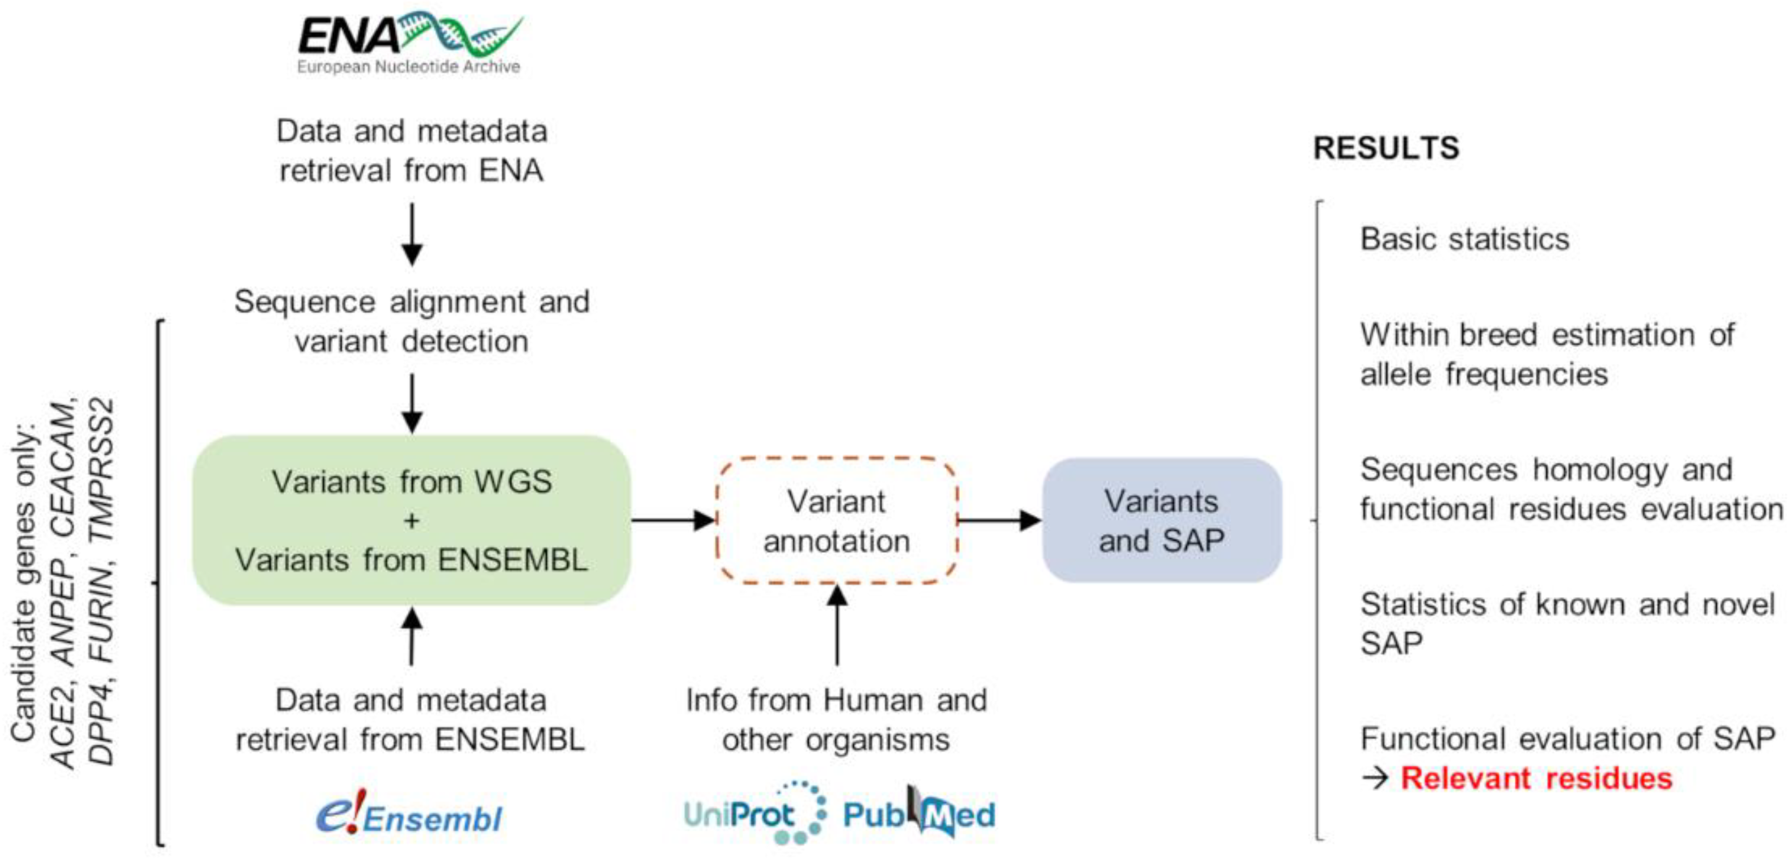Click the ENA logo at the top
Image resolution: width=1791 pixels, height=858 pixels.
(x=410, y=42)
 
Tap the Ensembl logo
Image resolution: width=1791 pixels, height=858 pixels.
(x=409, y=813)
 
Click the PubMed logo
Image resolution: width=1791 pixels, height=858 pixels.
(x=919, y=811)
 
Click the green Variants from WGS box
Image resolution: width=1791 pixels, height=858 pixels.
(x=412, y=520)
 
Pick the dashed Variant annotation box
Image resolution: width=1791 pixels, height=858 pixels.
(x=837, y=520)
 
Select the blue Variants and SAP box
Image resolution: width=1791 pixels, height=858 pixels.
(x=1162, y=520)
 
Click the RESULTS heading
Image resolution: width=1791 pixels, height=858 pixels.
(x=1386, y=148)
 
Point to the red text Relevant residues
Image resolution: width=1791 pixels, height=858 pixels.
(x=1536, y=778)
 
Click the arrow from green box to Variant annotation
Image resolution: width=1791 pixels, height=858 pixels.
(x=673, y=519)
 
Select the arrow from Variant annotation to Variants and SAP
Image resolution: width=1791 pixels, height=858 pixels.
(x=1000, y=519)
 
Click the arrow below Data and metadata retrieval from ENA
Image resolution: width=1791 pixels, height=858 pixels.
(x=412, y=234)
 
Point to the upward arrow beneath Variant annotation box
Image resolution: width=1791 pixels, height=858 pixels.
(x=837, y=624)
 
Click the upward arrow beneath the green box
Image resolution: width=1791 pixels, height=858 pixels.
(x=412, y=636)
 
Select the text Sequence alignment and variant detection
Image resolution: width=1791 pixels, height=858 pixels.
(x=412, y=321)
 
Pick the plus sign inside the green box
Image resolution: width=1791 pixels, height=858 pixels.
(x=412, y=521)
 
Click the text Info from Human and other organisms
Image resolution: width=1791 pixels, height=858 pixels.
(x=837, y=720)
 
